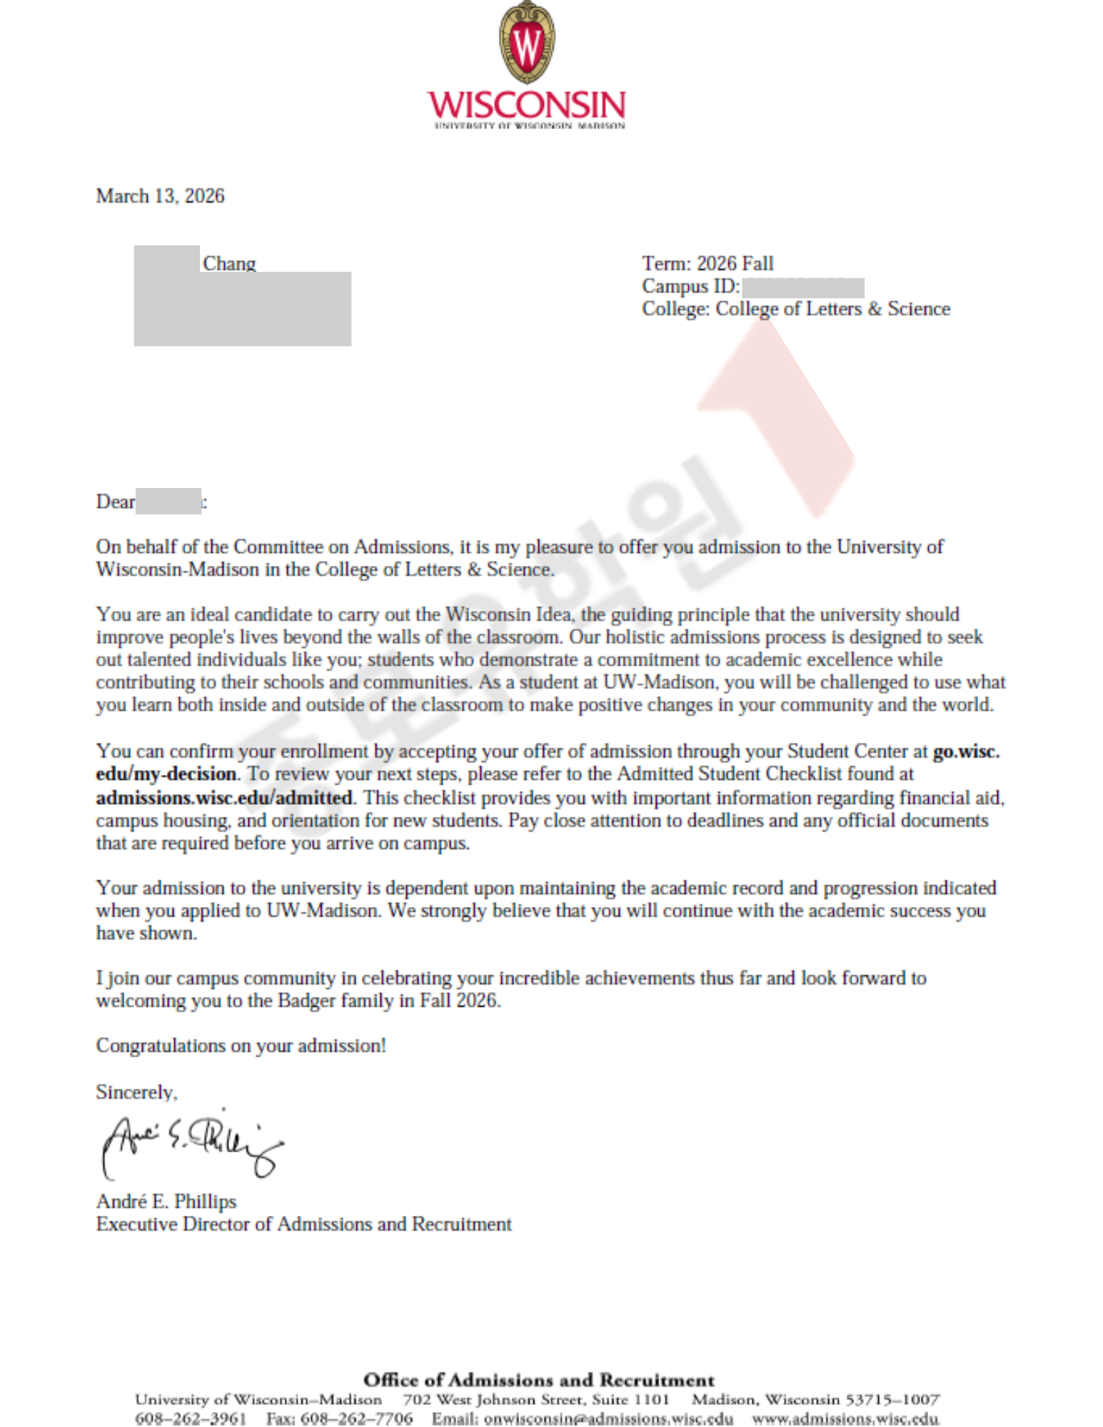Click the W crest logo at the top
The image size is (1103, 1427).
tap(526, 43)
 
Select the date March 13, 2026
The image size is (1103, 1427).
tap(160, 196)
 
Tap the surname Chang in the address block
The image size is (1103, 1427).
tap(228, 263)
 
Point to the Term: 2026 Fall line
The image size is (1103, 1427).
tap(707, 264)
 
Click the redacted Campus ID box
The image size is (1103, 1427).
tap(802, 288)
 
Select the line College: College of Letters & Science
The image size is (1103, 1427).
tap(795, 309)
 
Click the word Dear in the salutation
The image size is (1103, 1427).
tap(115, 502)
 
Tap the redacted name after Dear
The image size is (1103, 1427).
tap(168, 502)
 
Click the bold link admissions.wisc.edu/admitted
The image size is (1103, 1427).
tap(224, 797)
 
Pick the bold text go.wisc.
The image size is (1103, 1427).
tap(965, 751)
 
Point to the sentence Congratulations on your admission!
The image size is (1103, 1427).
tap(241, 1046)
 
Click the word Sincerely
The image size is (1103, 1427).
tap(136, 1092)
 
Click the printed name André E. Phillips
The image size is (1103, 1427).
tap(166, 1202)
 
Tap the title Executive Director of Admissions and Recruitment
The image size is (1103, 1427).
tap(303, 1224)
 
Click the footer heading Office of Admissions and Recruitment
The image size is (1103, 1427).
tap(538, 1380)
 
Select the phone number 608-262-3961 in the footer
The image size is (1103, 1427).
tap(190, 1418)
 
